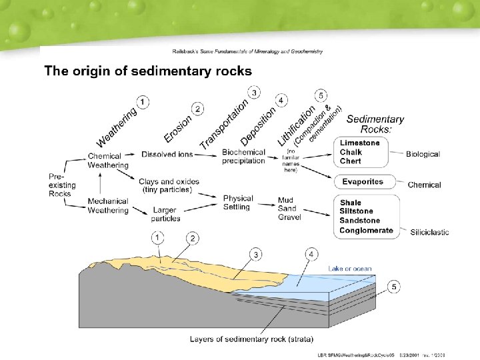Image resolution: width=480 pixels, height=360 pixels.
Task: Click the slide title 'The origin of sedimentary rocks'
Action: click(147, 71)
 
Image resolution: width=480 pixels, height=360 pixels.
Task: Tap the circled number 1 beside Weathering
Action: click(143, 101)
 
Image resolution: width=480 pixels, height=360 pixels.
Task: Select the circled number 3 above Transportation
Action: click(253, 92)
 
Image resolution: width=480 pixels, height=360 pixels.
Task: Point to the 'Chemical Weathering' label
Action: click(105, 161)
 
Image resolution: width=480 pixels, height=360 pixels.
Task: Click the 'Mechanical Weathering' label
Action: click(107, 206)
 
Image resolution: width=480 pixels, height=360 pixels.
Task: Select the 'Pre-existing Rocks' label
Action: click(62, 185)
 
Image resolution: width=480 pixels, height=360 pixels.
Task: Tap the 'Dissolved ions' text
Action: click(167, 154)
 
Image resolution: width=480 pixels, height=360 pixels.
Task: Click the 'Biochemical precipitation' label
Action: click(243, 157)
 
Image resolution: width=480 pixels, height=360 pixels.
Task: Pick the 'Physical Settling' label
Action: click(238, 203)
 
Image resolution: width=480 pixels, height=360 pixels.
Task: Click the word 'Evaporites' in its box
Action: click(363, 182)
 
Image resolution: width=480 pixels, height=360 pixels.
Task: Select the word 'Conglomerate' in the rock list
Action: click(366, 231)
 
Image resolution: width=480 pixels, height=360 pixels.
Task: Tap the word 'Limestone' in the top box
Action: click(360, 143)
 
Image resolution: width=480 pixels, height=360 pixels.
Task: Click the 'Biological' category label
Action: click(423, 154)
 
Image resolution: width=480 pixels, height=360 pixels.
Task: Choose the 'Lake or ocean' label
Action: click(350, 269)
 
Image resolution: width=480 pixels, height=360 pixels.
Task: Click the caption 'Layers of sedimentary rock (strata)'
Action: click(251, 339)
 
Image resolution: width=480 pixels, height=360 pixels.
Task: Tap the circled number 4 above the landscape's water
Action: click(312, 255)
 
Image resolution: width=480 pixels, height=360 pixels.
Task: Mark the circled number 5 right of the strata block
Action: click(395, 287)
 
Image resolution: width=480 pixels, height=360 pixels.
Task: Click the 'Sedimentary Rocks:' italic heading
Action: click(375, 124)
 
